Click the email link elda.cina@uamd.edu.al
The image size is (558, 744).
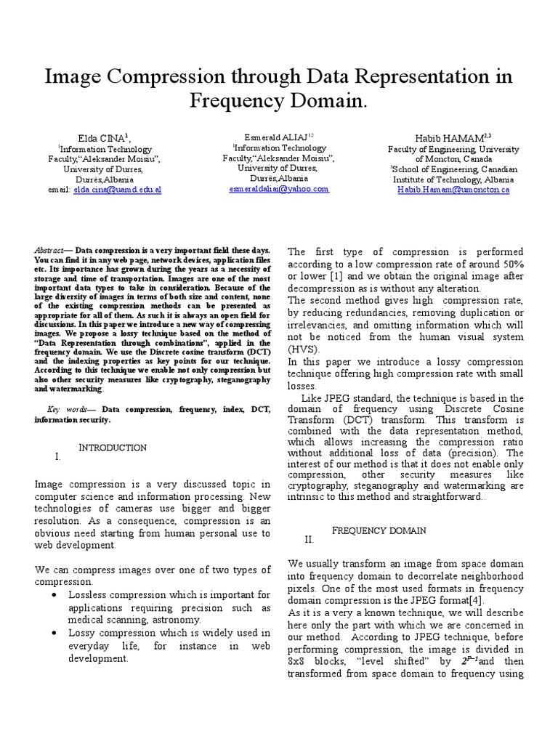click(118, 190)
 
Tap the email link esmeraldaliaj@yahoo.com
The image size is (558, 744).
click(278, 188)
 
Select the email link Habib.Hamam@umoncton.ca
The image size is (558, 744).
click(453, 190)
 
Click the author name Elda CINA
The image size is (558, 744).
click(103, 138)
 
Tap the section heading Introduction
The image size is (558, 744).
click(113, 448)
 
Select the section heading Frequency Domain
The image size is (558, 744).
click(379, 530)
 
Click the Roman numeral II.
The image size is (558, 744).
click(310, 540)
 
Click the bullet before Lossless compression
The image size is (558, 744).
click(55, 594)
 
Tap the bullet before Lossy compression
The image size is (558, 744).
click(55, 633)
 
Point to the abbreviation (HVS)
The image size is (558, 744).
click(304, 349)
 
